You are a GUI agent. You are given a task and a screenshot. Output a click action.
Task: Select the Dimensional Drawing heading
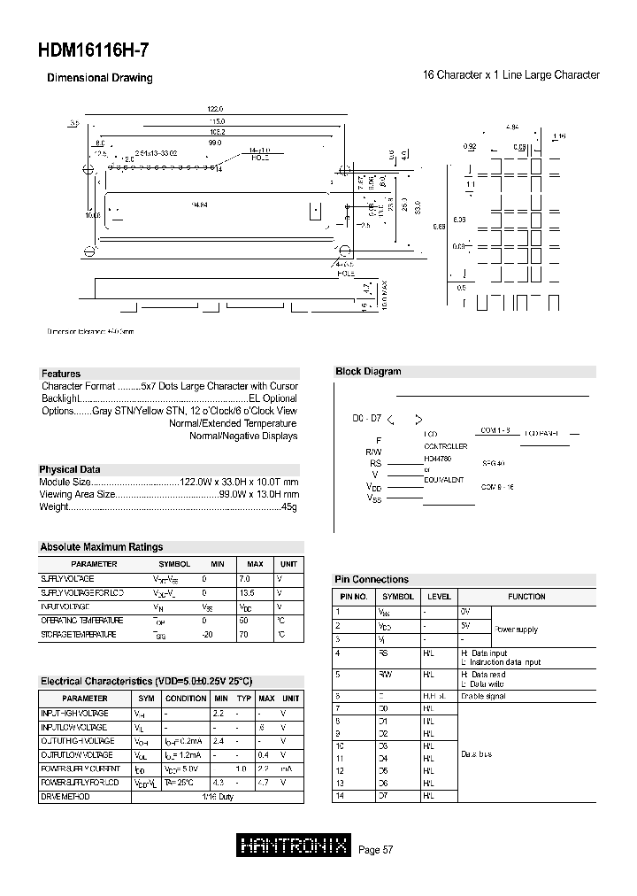[x=99, y=78]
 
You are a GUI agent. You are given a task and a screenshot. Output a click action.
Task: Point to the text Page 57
[x=375, y=850]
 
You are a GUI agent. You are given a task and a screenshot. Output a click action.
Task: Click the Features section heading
[x=61, y=374]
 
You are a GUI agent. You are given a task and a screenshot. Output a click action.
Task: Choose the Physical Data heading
[x=70, y=469]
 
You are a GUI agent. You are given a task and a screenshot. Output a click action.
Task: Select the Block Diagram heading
[x=368, y=372]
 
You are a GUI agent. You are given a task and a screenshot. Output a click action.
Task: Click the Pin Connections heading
[x=372, y=579]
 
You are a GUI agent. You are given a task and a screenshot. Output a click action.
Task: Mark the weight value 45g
[x=288, y=506]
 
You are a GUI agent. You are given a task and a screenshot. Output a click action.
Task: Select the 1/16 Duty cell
[x=226, y=797]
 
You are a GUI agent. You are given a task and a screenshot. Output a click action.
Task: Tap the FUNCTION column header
[x=526, y=597]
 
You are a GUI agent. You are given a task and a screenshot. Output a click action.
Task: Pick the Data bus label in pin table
[x=476, y=753]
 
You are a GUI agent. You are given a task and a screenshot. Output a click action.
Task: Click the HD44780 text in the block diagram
[x=437, y=460]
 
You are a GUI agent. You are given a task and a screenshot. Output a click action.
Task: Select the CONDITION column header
[x=186, y=698]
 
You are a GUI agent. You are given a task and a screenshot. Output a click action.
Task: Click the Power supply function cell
[x=515, y=630]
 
